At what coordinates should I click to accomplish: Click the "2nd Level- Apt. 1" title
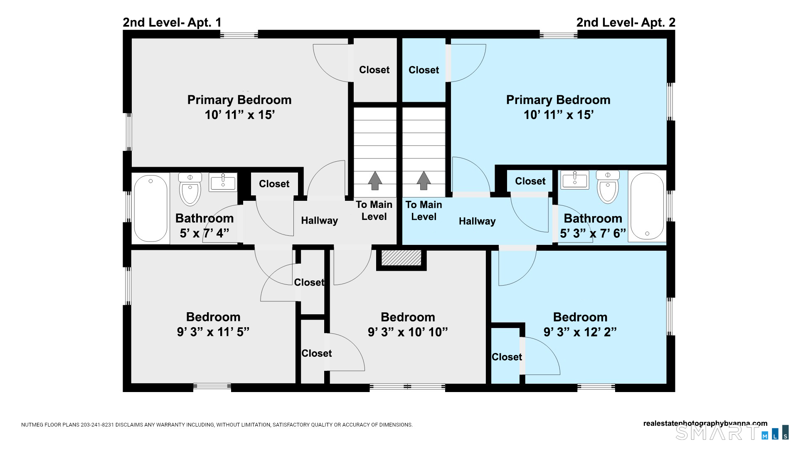(172, 22)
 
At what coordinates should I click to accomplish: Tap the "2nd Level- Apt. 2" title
(626, 22)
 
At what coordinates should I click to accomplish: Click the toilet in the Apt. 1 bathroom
(190, 189)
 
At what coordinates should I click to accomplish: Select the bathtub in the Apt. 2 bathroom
(647, 207)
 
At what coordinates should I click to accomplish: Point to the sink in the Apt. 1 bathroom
(223, 182)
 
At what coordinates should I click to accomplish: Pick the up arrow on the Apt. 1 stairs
(375, 180)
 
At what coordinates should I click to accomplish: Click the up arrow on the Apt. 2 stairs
(424, 180)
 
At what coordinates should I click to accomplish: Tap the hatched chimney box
(401, 258)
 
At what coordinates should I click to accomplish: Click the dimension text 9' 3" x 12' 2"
(580, 332)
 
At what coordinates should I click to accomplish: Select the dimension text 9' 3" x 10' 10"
(408, 332)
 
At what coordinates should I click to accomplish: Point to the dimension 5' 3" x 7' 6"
(593, 233)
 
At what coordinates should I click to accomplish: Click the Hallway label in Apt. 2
(477, 221)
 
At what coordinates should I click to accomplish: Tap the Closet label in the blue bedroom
(507, 357)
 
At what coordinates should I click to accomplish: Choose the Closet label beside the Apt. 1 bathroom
(274, 184)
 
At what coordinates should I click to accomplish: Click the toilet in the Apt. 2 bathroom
(608, 187)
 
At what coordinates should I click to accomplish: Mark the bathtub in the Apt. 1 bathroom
(151, 208)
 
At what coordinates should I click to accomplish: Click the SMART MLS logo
(731, 432)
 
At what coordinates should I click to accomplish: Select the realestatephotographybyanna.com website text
(705, 424)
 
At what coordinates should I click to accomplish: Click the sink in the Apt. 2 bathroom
(575, 180)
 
